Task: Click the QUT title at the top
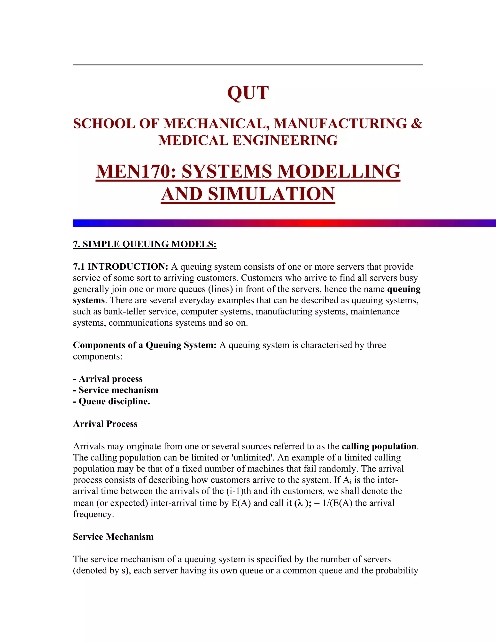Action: [x=248, y=93]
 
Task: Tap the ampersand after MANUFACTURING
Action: [x=416, y=124]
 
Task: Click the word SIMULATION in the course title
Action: [x=271, y=194]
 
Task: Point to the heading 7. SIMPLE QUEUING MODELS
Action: [x=145, y=244]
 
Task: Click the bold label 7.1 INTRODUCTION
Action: [x=120, y=267]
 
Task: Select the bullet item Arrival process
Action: [x=110, y=379]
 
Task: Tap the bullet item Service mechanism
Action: [x=118, y=390]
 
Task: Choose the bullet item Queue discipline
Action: [x=114, y=401]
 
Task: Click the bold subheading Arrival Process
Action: [x=105, y=424]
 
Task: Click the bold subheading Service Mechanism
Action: [x=113, y=537]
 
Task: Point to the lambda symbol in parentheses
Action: [x=300, y=503]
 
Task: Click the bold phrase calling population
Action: [x=379, y=446]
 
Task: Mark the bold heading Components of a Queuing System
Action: [x=145, y=345]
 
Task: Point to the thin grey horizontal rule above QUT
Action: [x=248, y=65]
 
